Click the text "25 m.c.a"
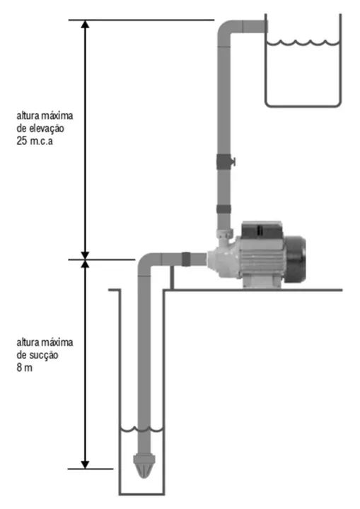(35, 141)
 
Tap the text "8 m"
(24, 368)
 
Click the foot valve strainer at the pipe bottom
(144, 466)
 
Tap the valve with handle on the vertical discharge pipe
(225, 161)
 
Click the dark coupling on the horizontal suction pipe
(186, 259)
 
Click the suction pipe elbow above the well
(149, 264)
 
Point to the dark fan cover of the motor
(295, 259)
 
